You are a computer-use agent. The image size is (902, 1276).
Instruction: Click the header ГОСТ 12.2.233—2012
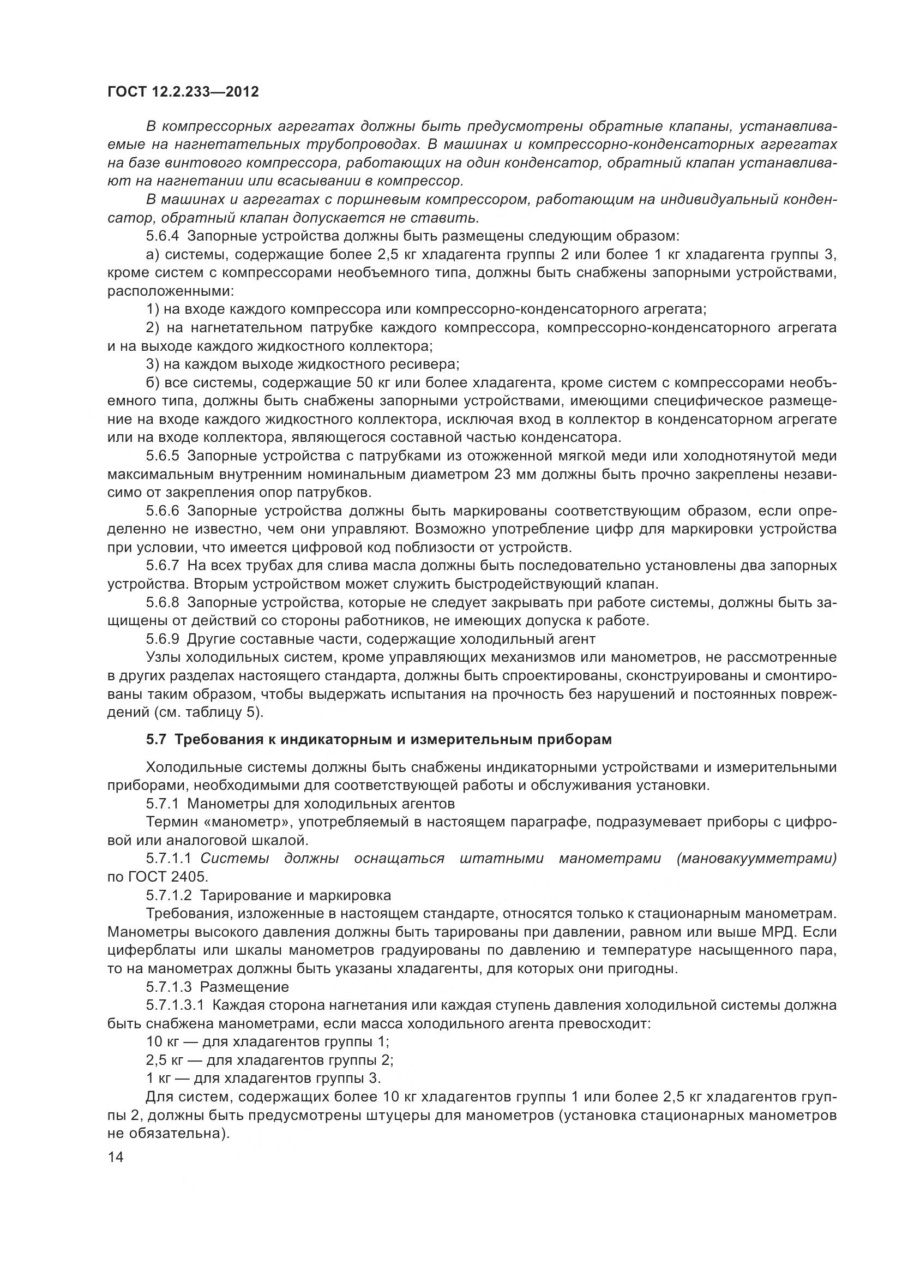pyautogui.click(x=183, y=92)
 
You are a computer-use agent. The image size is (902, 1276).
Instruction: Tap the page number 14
pyautogui.click(x=115, y=1158)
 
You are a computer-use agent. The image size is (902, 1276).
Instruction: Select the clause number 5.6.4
pyautogui.click(x=163, y=236)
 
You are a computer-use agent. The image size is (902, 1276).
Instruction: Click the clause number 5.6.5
pyautogui.click(x=163, y=456)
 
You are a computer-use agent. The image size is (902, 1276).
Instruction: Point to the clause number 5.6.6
pyautogui.click(x=163, y=511)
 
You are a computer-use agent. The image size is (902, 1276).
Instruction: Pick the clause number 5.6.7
pyautogui.click(x=163, y=566)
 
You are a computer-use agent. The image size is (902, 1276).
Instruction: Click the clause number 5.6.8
pyautogui.click(x=163, y=602)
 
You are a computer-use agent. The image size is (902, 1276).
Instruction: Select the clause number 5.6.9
pyautogui.click(x=163, y=639)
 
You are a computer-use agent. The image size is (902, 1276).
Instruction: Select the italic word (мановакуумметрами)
pyautogui.click(x=756, y=859)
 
